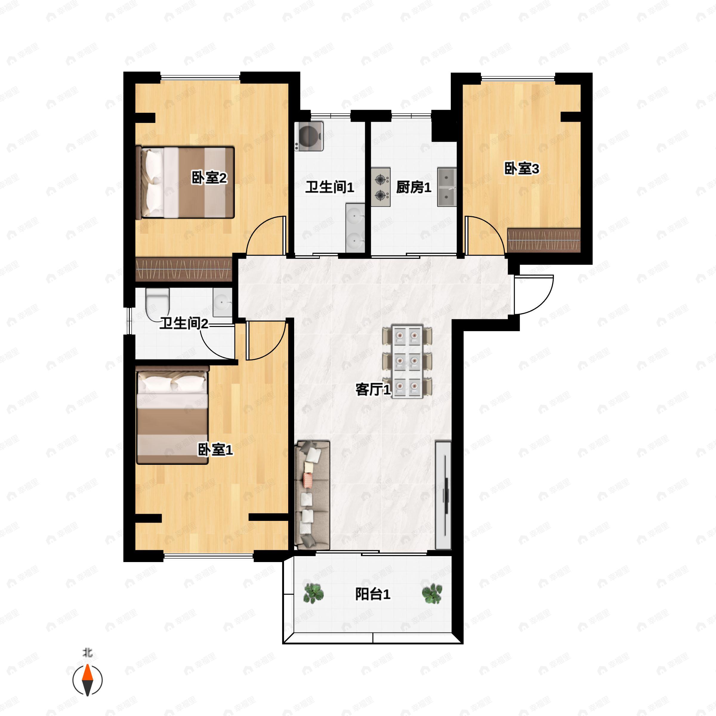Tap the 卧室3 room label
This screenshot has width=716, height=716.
pyautogui.click(x=522, y=169)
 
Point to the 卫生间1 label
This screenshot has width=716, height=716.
pyautogui.click(x=329, y=187)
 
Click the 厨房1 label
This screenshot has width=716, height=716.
pyautogui.click(x=413, y=187)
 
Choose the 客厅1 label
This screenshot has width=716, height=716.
pyautogui.click(x=373, y=390)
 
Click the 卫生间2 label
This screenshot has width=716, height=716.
pyautogui.click(x=184, y=323)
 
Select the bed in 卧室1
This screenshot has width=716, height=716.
pyautogui.click(x=172, y=415)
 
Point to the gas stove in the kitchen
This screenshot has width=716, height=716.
pyautogui.click(x=381, y=187)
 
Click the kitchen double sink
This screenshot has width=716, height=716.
pyautogui.click(x=447, y=187)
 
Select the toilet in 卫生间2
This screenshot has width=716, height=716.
pyautogui.click(x=158, y=304)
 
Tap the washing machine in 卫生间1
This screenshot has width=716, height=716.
pyautogui.click(x=309, y=136)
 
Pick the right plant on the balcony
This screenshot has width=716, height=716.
pyautogui.click(x=432, y=593)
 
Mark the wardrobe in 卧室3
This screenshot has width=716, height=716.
pyautogui.click(x=544, y=240)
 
